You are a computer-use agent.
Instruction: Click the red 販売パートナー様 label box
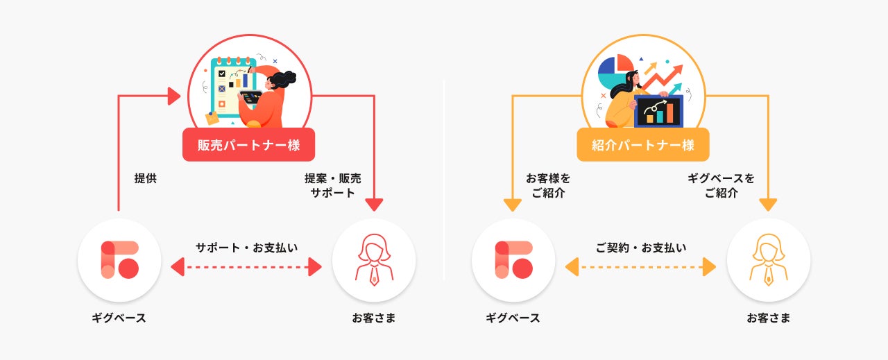[x=248, y=145]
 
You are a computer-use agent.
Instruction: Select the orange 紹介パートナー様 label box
[x=642, y=145]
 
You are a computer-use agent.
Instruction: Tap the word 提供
[x=146, y=178]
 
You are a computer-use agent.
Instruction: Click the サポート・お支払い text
[x=246, y=247]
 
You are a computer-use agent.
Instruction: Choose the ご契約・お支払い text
[x=640, y=247]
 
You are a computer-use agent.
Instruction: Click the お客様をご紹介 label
[x=548, y=185]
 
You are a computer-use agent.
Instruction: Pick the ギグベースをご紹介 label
[x=721, y=185]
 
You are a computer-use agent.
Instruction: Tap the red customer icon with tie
[x=374, y=260]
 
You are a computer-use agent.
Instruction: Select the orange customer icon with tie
[x=768, y=260]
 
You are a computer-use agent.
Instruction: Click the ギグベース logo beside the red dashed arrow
[x=119, y=260]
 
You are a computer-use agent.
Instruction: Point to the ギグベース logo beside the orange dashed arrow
[x=513, y=260]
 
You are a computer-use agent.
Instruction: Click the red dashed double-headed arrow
[x=246, y=266]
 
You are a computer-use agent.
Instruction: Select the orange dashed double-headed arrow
[x=640, y=266]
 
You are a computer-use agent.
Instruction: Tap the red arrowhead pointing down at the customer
[x=374, y=205]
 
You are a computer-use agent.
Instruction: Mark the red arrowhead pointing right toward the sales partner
[x=174, y=96]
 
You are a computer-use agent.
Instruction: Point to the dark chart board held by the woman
[x=658, y=111]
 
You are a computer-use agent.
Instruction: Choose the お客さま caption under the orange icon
[x=768, y=318]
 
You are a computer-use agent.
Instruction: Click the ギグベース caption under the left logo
[x=119, y=318]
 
